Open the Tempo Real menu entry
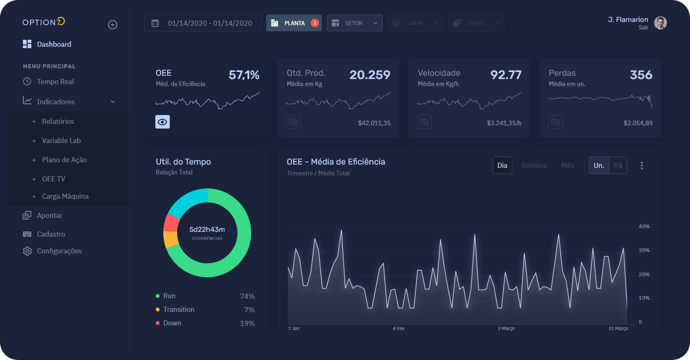click(55, 82)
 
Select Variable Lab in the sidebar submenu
click(61, 141)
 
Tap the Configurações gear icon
click(27, 251)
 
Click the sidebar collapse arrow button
click(113, 25)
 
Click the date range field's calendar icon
click(155, 23)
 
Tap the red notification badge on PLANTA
click(315, 23)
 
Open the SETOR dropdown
click(355, 23)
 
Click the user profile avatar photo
click(660, 23)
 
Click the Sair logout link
click(643, 28)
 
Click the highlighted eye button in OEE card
click(162, 122)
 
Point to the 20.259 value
click(370, 75)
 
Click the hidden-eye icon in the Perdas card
click(555, 122)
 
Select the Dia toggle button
click(502, 166)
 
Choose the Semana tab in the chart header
click(534, 166)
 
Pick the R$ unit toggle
click(617, 166)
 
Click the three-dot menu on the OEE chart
click(642, 166)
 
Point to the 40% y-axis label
click(644, 227)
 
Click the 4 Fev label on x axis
click(399, 329)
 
